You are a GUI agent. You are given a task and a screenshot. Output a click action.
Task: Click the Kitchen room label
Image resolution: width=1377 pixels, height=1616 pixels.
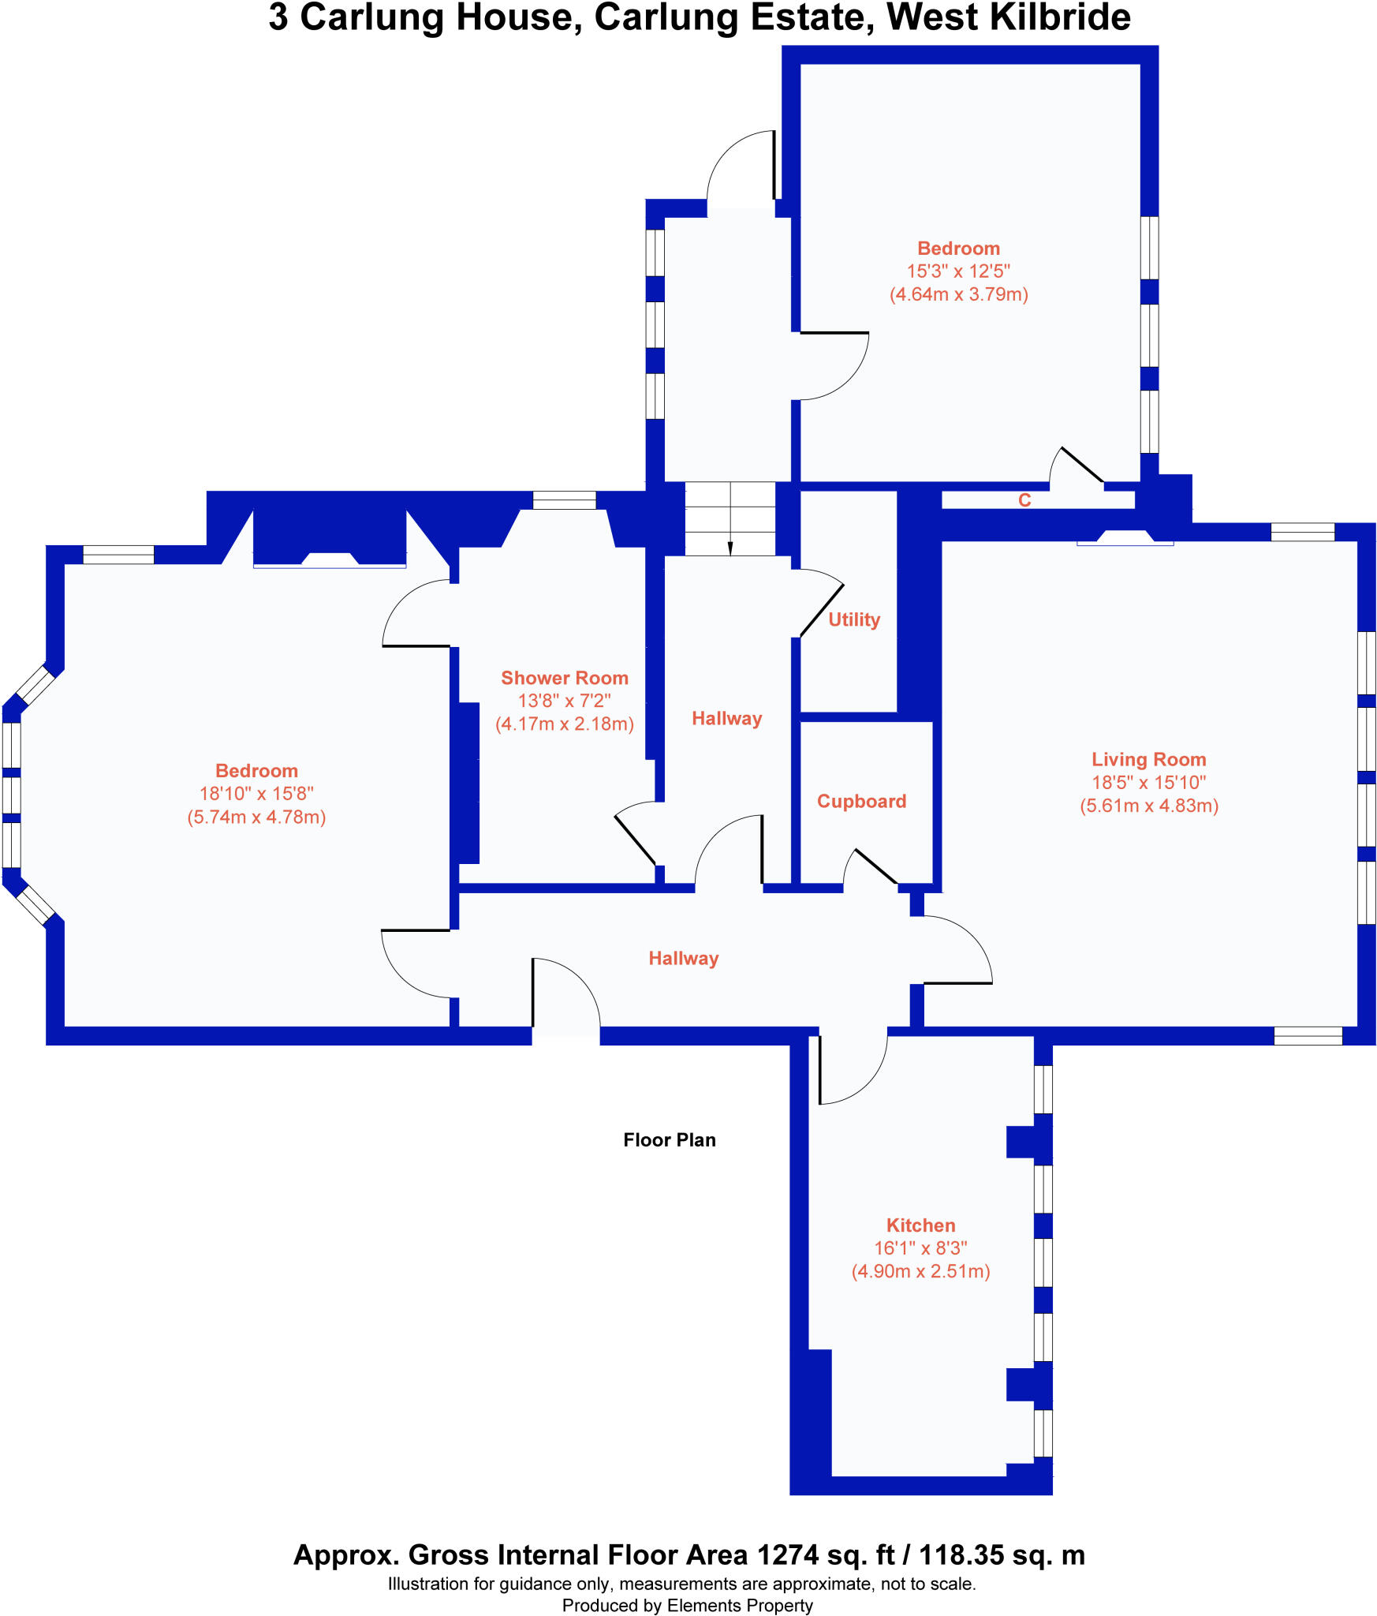tap(920, 1225)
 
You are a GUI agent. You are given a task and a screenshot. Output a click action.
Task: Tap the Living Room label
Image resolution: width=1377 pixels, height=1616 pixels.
tap(1148, 759)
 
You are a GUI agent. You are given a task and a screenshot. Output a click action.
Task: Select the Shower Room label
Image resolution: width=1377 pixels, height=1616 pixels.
tap(565, 678)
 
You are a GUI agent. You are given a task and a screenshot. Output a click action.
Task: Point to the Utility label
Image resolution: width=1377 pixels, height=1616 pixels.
tap(854, 619)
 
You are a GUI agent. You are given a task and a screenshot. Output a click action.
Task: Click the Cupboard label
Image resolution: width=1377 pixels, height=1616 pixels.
tap(861, 801)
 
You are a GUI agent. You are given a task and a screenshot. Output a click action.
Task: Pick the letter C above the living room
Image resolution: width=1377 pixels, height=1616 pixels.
tap(1024, 500)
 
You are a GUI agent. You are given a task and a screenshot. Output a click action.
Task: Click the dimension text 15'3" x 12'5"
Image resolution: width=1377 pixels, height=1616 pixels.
tap(958, 271)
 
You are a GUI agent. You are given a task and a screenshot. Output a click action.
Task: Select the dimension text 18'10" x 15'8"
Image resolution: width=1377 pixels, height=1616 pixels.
tap(256, 794)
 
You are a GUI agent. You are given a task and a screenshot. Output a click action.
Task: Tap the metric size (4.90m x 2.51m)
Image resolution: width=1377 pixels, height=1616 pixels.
tap(920, 1271)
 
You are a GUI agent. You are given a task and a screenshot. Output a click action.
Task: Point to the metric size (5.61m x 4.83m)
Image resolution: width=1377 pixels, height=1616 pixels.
tap(1148, 806)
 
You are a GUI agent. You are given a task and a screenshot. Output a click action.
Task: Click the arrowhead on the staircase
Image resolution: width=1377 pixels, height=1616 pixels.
tap(730, 549)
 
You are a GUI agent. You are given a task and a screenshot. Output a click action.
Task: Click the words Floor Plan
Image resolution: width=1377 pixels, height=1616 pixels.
tap(669, 1139)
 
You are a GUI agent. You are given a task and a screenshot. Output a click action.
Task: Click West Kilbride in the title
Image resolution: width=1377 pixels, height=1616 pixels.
tap(1009, 17)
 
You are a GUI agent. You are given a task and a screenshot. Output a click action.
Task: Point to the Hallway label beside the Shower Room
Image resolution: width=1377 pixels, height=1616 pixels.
tap(726, 718)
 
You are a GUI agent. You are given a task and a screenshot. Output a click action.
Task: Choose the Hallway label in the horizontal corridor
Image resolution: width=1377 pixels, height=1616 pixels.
tap(683, 958)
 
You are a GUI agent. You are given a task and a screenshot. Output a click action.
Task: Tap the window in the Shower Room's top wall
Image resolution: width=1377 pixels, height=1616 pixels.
tap(564, 499)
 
